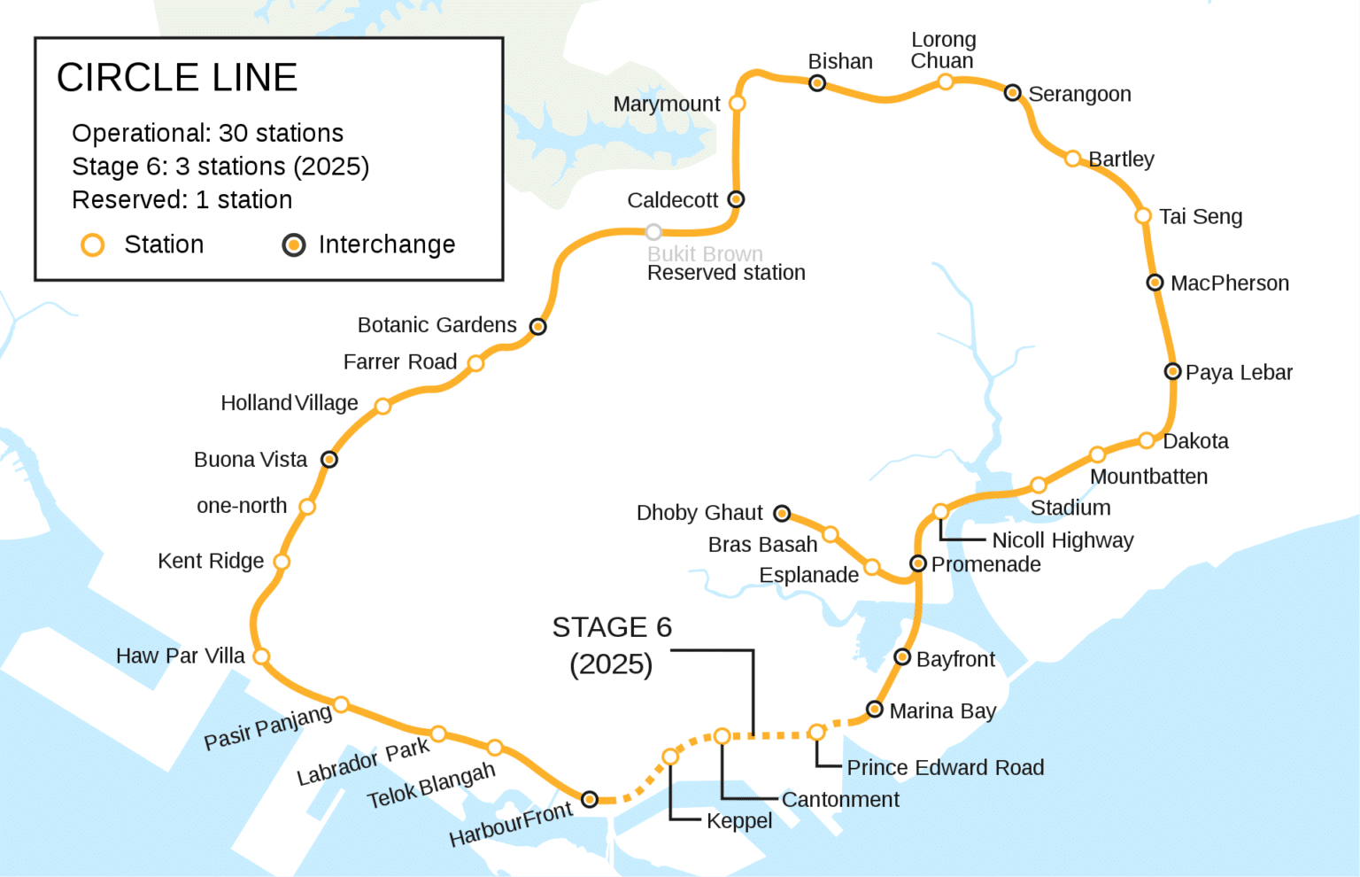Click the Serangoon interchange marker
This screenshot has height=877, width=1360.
[1013, 92]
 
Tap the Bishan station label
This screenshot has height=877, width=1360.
[840, 61]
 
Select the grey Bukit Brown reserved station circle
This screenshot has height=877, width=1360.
[653, 232]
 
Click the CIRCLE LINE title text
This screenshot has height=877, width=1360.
[177, 78]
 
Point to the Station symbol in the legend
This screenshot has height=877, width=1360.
[93, 244]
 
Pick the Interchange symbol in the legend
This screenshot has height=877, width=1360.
[294, 244]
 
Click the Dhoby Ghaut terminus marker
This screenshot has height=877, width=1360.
[782, 513]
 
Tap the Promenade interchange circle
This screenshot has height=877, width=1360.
[918, 563]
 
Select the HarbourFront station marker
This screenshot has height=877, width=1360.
[590, 799]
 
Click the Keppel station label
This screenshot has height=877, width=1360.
[739, 821]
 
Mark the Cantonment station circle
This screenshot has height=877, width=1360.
[722, 736]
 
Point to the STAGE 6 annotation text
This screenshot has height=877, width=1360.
[612, 627]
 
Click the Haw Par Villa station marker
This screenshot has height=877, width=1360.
[261, 656]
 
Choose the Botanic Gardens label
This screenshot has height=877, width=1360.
[437, 325]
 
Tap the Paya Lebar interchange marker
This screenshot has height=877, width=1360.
[1172, 371]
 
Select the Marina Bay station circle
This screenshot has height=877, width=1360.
[875, 709]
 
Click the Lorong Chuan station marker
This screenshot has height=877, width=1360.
[946, 82]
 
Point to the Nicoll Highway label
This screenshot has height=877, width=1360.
[1062, 540]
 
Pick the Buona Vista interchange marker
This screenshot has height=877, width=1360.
[329, 459]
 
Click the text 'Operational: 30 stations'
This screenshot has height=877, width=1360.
[207, 133]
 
